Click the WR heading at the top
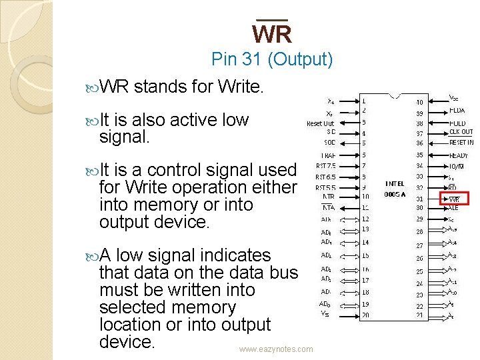tap(271, 33)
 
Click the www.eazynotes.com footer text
tap(276, 349)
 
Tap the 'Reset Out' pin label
tap(321, 123)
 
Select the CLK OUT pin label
tap(461, 131)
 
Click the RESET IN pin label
tap(461, 142)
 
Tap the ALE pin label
tap(453, 207)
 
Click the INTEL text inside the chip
tap(394, 183)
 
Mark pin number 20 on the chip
tap(365, 315)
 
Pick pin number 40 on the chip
tap(419, 102)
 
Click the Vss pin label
tap(324, 313)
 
